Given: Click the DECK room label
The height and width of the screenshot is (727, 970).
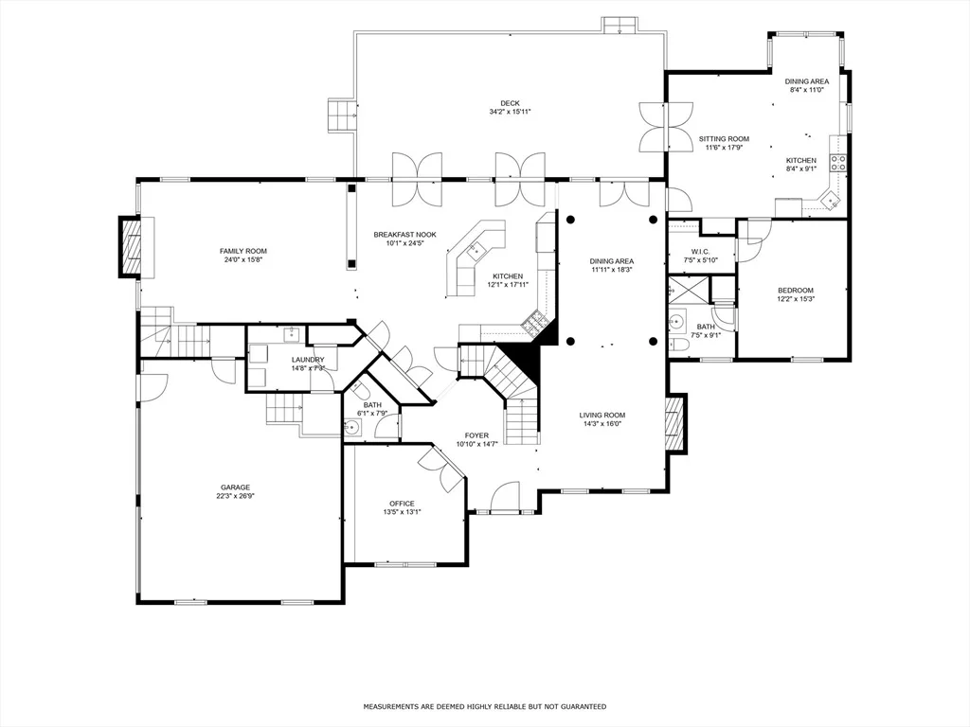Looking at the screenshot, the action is pyautogui.click(x=511, y=103).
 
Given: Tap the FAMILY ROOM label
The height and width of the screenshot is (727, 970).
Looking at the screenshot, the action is pyautogui.click(x=243, y=251).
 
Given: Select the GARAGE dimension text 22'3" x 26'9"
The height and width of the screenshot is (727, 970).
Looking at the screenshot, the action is pyautogui.click(x=236, y=496).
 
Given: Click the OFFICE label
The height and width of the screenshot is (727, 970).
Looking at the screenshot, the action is pyautogui.click(x=402, y=504).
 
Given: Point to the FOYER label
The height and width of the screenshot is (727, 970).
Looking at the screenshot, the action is pyautogui.click(x=477, y=435).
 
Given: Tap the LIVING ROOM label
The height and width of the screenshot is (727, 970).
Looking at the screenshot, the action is pyautogui.click(x=602, y=416).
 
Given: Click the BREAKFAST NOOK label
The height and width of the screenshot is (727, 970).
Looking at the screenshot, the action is pyautogui.click(x=404, y=235).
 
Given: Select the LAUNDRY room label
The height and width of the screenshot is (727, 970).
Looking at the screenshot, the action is pyautogui.click(x=308, y=360).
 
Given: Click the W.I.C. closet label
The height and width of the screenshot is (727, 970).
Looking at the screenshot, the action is pyautogui.click(x=700, y=252).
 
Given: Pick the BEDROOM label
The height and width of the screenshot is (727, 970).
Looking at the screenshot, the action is pyautogui.click(x=796, y=291).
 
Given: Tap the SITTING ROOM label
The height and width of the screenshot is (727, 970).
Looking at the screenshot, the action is pyautogui.click(x=724, y=139).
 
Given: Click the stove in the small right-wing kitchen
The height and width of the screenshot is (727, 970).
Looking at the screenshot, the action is pyautogui.click(x=838, y=163).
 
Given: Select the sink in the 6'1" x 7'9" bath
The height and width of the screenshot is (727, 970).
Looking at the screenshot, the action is pyautogui.click(x=352, y=427).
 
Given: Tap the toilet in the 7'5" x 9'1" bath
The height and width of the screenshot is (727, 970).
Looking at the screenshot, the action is pyautogui.click(x=679, y=345).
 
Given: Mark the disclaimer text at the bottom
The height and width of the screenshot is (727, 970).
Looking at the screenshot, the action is pyautogui.click(x=484, y=706).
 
